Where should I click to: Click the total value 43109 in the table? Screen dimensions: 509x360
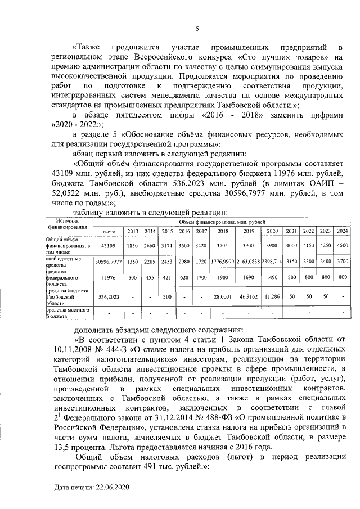(109, 245)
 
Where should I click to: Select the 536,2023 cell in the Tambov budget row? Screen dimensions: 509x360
(109, 295)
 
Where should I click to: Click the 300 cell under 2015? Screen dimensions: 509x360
(167, 295)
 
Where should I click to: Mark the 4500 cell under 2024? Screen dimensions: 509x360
(342, 245)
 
